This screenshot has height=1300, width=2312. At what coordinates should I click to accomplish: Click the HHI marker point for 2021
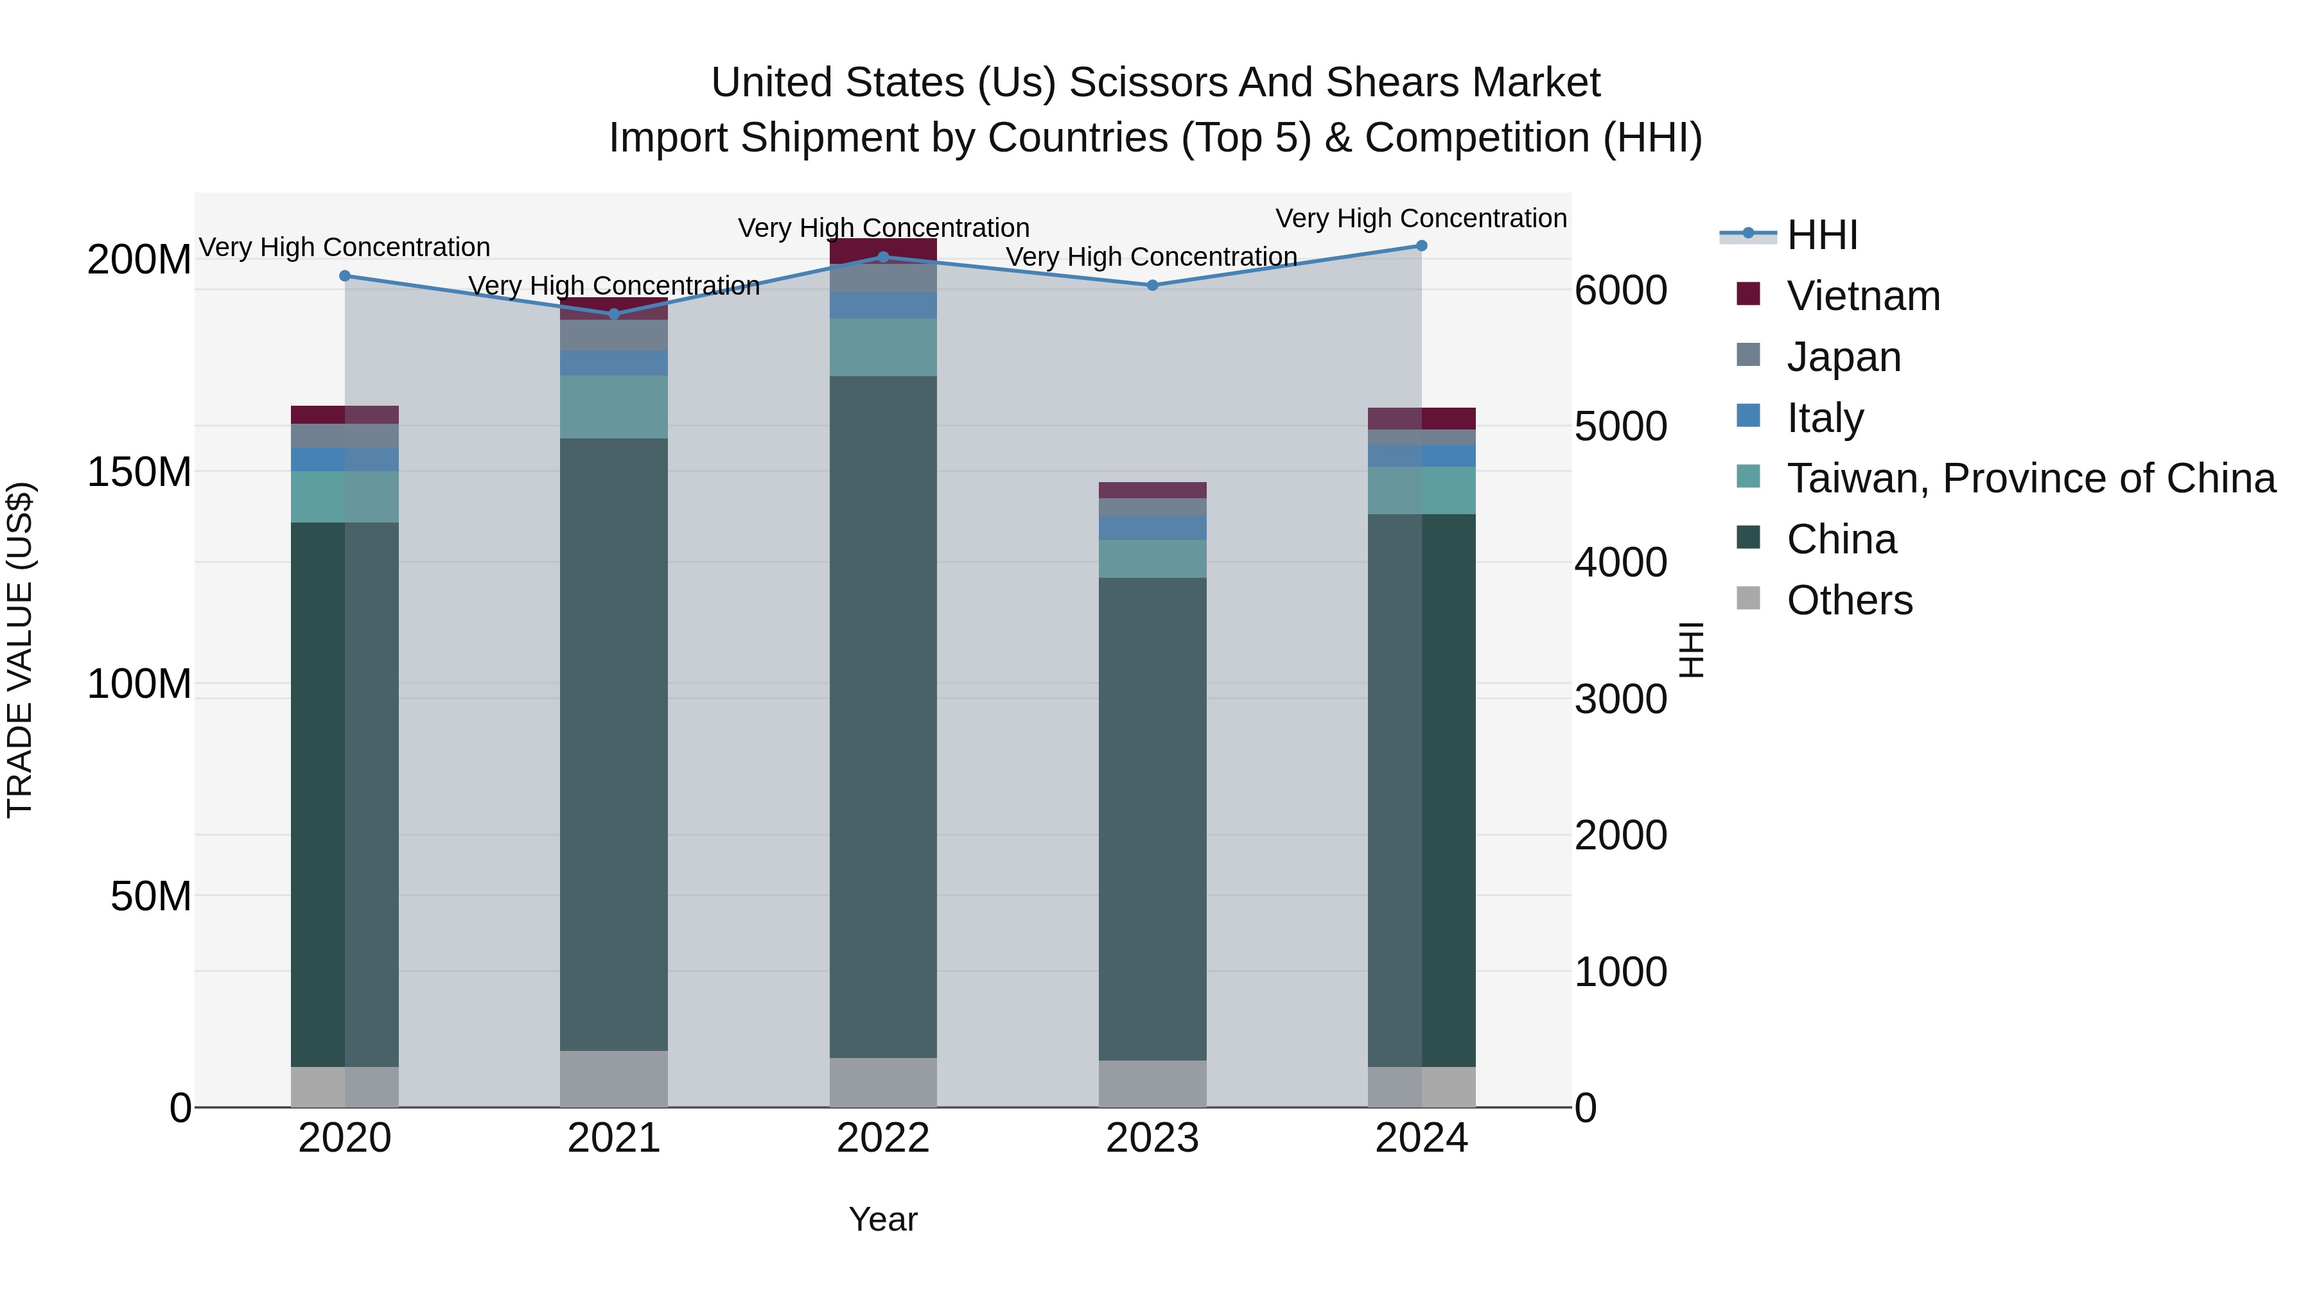coord(614,314)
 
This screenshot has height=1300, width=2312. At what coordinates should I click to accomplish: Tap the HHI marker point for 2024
coord(1422,246)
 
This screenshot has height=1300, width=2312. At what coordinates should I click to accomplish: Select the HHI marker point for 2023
coord(1152,285)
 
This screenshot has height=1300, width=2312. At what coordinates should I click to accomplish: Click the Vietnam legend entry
coord(1862,296)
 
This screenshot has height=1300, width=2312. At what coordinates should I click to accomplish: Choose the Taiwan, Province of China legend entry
coord(2030,478)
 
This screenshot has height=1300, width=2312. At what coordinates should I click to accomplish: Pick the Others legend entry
coord(1849,600)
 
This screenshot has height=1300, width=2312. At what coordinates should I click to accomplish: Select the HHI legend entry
coord(1822,235)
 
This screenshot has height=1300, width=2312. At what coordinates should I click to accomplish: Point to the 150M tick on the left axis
coord(139,472)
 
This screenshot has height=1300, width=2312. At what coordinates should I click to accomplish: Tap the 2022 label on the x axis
coord(883,1138)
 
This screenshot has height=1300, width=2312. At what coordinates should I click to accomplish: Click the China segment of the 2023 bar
coord(1152,817)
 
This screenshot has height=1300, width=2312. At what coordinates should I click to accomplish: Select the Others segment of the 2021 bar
coord(614,1079)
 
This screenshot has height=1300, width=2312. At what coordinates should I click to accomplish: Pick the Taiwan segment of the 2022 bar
coord(883,347)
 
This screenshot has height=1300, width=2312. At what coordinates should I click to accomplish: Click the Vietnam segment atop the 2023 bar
coord(1152,490)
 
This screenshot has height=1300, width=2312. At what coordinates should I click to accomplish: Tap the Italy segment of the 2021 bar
coord(614,363)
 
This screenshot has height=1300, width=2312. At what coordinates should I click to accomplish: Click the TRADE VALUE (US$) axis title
coord(20,650)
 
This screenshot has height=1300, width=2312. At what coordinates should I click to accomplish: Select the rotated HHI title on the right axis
coord(1691,650)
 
